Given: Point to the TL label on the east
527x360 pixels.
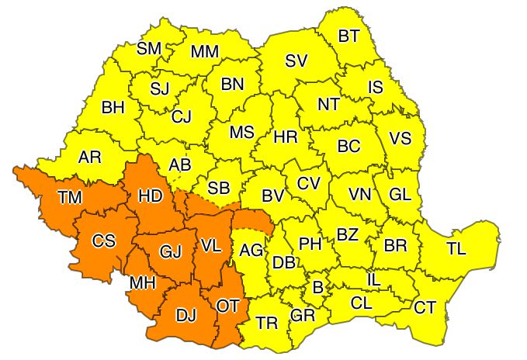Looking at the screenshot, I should coord(456,249).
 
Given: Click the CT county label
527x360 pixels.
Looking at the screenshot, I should coord(425,307).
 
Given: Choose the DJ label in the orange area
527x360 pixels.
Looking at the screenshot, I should coord(185,317).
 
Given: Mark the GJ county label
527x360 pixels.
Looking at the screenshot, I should coord(170,251).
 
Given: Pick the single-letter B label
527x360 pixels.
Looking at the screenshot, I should coord(317,288).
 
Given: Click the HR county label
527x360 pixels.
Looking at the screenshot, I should coord(286,137).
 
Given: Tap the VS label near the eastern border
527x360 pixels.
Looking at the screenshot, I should coord(400,139).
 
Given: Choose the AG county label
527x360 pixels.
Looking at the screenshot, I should coord(251,250).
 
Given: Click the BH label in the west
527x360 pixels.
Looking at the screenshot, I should coord(113,108).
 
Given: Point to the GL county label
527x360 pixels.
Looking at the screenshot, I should coord(400,194).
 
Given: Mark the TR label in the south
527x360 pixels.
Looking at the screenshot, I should coord(267,322).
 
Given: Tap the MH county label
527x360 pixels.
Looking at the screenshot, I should coord(143,283).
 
